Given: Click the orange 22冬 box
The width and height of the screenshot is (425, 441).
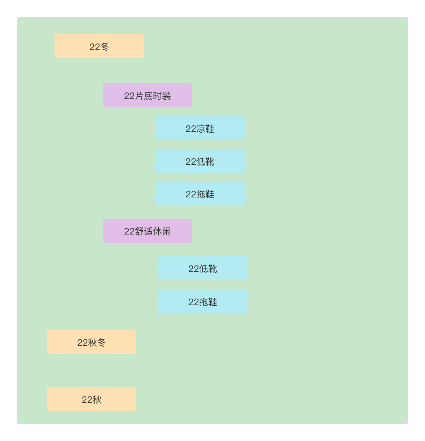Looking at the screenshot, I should [99, 46].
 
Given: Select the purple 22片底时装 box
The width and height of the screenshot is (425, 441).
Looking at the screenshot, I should [147, 95].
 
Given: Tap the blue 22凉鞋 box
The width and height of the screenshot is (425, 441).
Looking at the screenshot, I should [200, 128].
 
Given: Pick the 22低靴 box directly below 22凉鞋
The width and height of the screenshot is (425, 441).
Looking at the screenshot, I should [200, 161].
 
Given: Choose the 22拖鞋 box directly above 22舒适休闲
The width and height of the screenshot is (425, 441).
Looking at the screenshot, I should [200, 194].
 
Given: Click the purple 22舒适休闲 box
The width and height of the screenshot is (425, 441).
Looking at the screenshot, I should [147, 231].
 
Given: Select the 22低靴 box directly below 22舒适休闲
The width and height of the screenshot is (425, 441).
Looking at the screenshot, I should [202, 268].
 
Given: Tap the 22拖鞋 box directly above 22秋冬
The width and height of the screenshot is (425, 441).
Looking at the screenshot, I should [202, 301].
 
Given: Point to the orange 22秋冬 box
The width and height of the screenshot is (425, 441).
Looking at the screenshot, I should [91, 342].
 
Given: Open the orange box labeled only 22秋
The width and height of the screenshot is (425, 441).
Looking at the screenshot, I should [91, 399].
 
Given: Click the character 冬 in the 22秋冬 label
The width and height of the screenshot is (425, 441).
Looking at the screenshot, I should [101, 343].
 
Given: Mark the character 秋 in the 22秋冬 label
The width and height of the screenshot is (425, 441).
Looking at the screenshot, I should [92, 343].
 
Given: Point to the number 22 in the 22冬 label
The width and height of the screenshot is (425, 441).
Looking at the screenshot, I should [94, 47].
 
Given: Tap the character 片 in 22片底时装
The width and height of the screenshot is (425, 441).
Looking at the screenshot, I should [139, 96].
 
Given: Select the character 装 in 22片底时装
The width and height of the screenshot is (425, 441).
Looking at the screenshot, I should [167, 96].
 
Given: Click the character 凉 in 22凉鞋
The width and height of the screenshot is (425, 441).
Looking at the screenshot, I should [201, 129].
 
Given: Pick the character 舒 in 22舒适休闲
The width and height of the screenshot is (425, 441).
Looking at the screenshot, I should [139, 231].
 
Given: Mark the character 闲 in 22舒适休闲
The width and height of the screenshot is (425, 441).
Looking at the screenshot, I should [167, 231].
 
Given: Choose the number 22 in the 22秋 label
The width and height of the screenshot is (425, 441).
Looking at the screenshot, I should [87, 400].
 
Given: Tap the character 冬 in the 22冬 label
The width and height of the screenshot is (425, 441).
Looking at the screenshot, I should [105, 47].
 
